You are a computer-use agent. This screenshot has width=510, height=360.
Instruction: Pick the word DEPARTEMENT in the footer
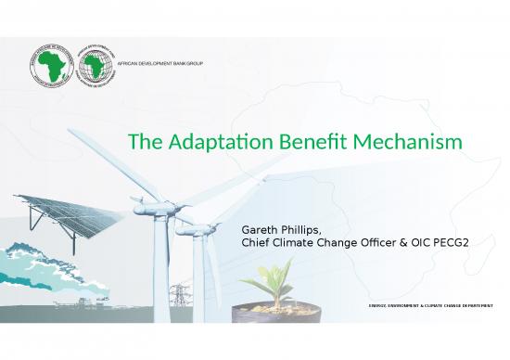pyautogui.click(x=472, y=306)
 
